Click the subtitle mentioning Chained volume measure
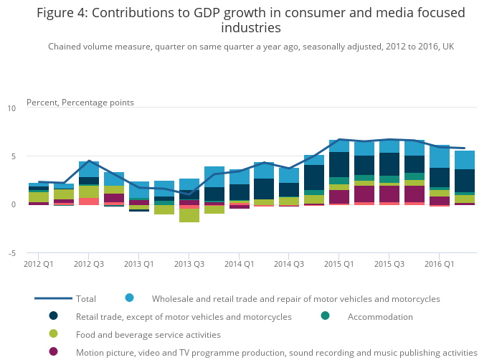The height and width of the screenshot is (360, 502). point(251,47)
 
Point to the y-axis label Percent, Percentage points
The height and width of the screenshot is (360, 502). point(80,103)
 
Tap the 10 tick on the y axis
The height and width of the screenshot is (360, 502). point(11,108)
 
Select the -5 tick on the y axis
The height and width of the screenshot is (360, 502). point(11,253)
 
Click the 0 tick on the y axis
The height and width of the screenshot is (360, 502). point(13,205)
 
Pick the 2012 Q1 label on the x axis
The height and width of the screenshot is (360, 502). point(39,264)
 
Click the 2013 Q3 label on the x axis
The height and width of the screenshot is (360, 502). point(189,264)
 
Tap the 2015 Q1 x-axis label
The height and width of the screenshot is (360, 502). point(338,264)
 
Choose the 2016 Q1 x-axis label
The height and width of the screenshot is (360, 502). point(439,264)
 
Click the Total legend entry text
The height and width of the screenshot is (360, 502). point(86,298)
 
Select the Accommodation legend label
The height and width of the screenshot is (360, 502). point(380,317)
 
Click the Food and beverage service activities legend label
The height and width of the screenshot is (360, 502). point(148,335)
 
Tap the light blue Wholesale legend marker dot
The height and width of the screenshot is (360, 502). point(130,298)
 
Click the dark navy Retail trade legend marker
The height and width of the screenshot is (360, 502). point(54,316)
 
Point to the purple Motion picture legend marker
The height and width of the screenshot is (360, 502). point(54,352)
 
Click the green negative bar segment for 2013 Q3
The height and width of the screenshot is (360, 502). point(189,216)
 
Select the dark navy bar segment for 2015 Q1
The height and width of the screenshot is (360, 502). point(339,164)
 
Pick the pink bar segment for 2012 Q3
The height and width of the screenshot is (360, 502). point(89,201)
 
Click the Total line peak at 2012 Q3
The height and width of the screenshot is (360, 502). point(89,161)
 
